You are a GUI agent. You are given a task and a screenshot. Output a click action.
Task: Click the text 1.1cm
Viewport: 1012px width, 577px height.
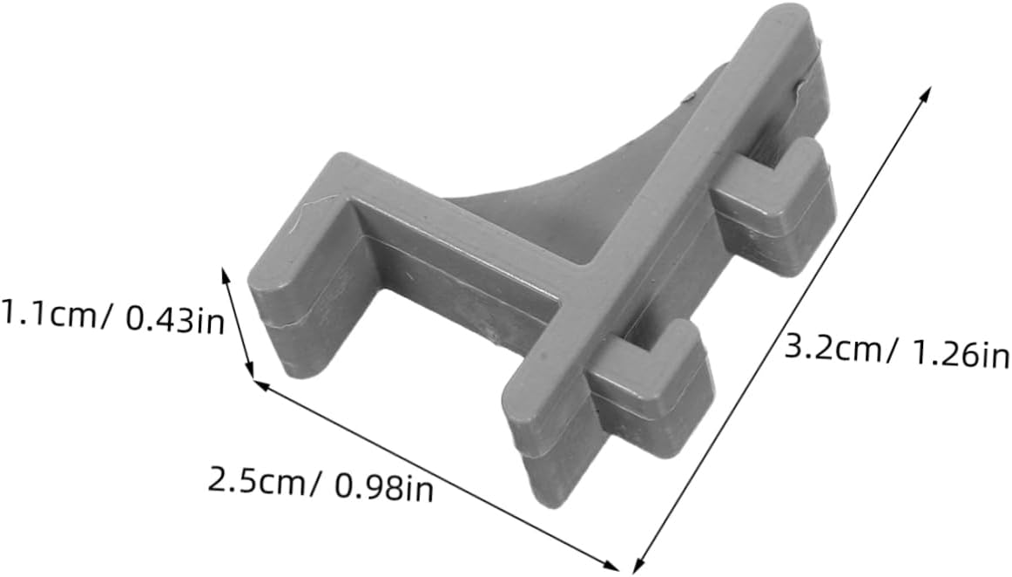[49, 314]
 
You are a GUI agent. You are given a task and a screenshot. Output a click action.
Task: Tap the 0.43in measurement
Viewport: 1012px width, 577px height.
[173, 320]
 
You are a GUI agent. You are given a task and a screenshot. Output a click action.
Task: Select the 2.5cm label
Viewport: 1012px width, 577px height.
[256, 482]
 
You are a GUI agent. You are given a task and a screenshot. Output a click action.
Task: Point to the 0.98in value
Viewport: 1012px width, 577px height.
[383, 488]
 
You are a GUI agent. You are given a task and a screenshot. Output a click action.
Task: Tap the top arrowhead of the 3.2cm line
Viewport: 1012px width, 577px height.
[926, 93]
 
